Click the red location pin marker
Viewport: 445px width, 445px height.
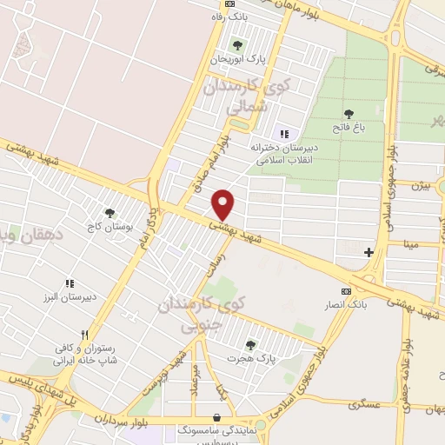click(x=224, y=204)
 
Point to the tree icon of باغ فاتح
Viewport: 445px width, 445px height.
click(x=349, y=113)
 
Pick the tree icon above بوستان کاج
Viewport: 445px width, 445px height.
click(x=109, y=212)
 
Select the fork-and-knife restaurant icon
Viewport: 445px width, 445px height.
click(x=84, y=334)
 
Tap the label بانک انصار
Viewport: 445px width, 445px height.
click(x=347, y=304)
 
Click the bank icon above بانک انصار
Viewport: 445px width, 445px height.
click(x=347, y=291)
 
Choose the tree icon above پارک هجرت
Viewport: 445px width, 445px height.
click(x=251, y=345)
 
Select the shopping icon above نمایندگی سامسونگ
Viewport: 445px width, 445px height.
click(x=216, y=417)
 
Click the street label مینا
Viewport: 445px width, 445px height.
click(x=408, y=245)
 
